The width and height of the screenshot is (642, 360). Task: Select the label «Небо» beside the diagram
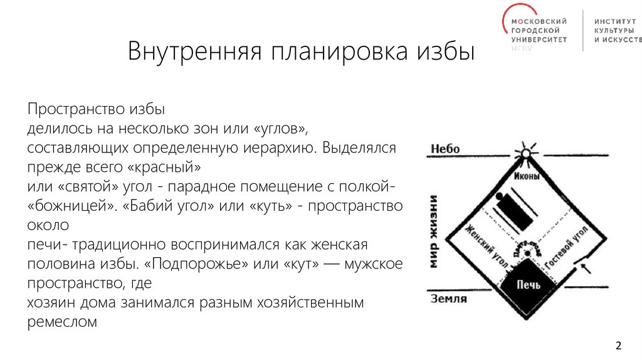click(445, 149)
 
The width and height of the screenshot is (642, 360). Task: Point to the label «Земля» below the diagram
click(448, 299)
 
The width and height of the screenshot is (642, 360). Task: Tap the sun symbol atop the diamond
click(526, 153)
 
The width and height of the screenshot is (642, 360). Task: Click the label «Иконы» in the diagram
click(526, 177)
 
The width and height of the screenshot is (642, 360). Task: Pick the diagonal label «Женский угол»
click(485, 245)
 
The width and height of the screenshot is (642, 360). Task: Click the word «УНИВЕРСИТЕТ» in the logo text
click(539, 39)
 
